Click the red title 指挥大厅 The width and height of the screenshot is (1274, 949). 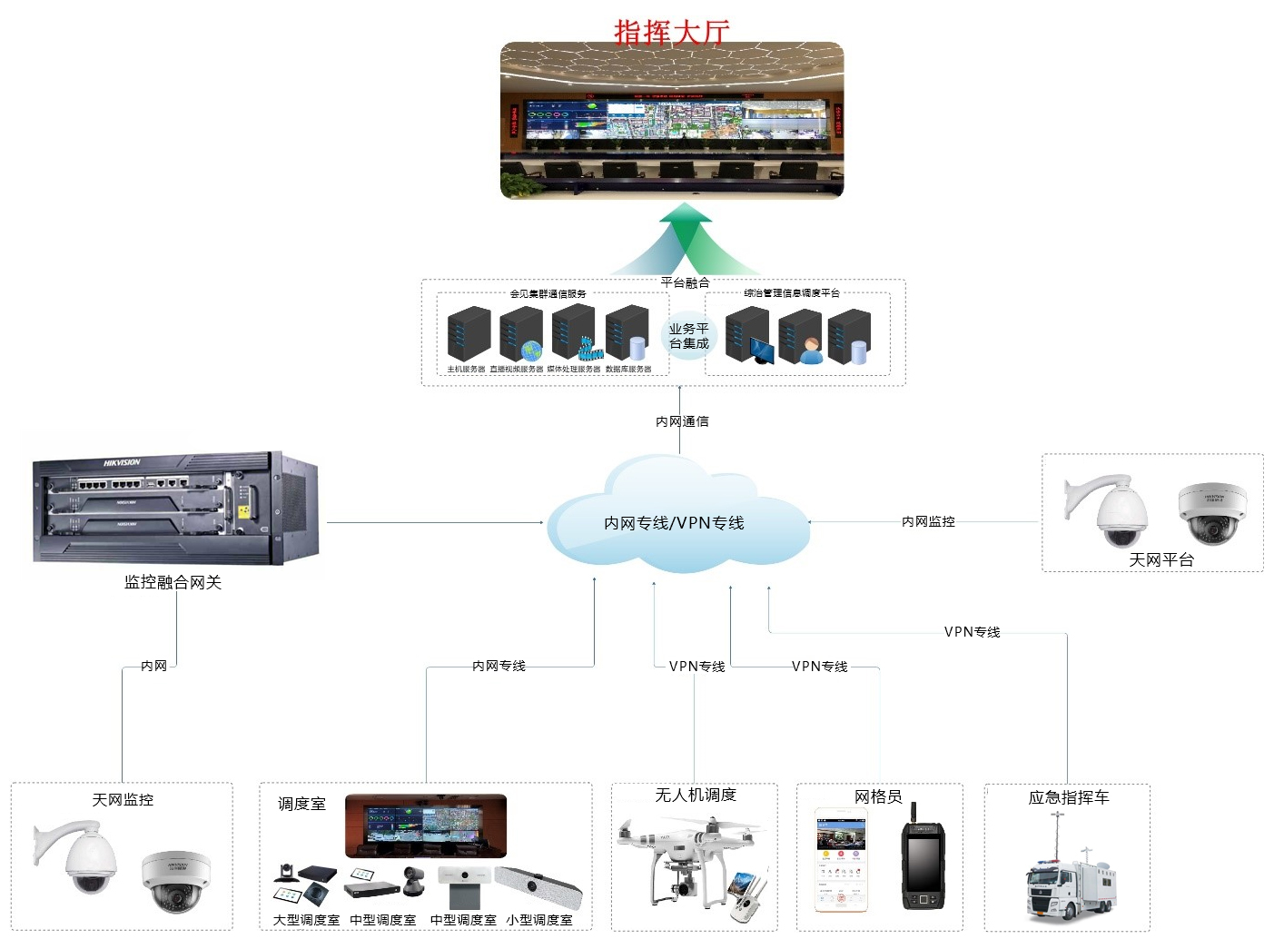[x=672, y=32]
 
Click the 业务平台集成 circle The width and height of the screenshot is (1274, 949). [x=688, y=336]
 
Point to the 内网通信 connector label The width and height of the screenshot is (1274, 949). [x=682, y=421]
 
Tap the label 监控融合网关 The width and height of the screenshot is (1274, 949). [x=173, y=582]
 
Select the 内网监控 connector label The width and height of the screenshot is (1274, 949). [x=928, y=521]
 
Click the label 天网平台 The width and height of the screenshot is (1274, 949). [x=1160, y=559]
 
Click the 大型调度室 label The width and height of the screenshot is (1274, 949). [x=306, y=920]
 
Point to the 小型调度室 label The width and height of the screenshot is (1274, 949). [x=539, y=920]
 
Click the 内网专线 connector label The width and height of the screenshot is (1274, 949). [x=499, y=666]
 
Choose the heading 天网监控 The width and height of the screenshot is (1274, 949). [x=123, y=799]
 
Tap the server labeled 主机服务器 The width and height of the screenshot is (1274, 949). [x=469, y=335]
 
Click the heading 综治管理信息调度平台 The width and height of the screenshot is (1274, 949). [x=791, y=293]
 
